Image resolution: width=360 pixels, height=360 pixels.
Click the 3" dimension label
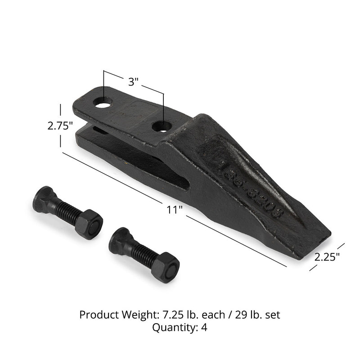point(133,82)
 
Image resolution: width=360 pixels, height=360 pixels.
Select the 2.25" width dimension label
point(327,257)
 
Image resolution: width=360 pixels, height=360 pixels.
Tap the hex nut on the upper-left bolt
point(89,224)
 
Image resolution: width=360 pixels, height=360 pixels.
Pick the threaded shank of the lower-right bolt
point(143,255)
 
